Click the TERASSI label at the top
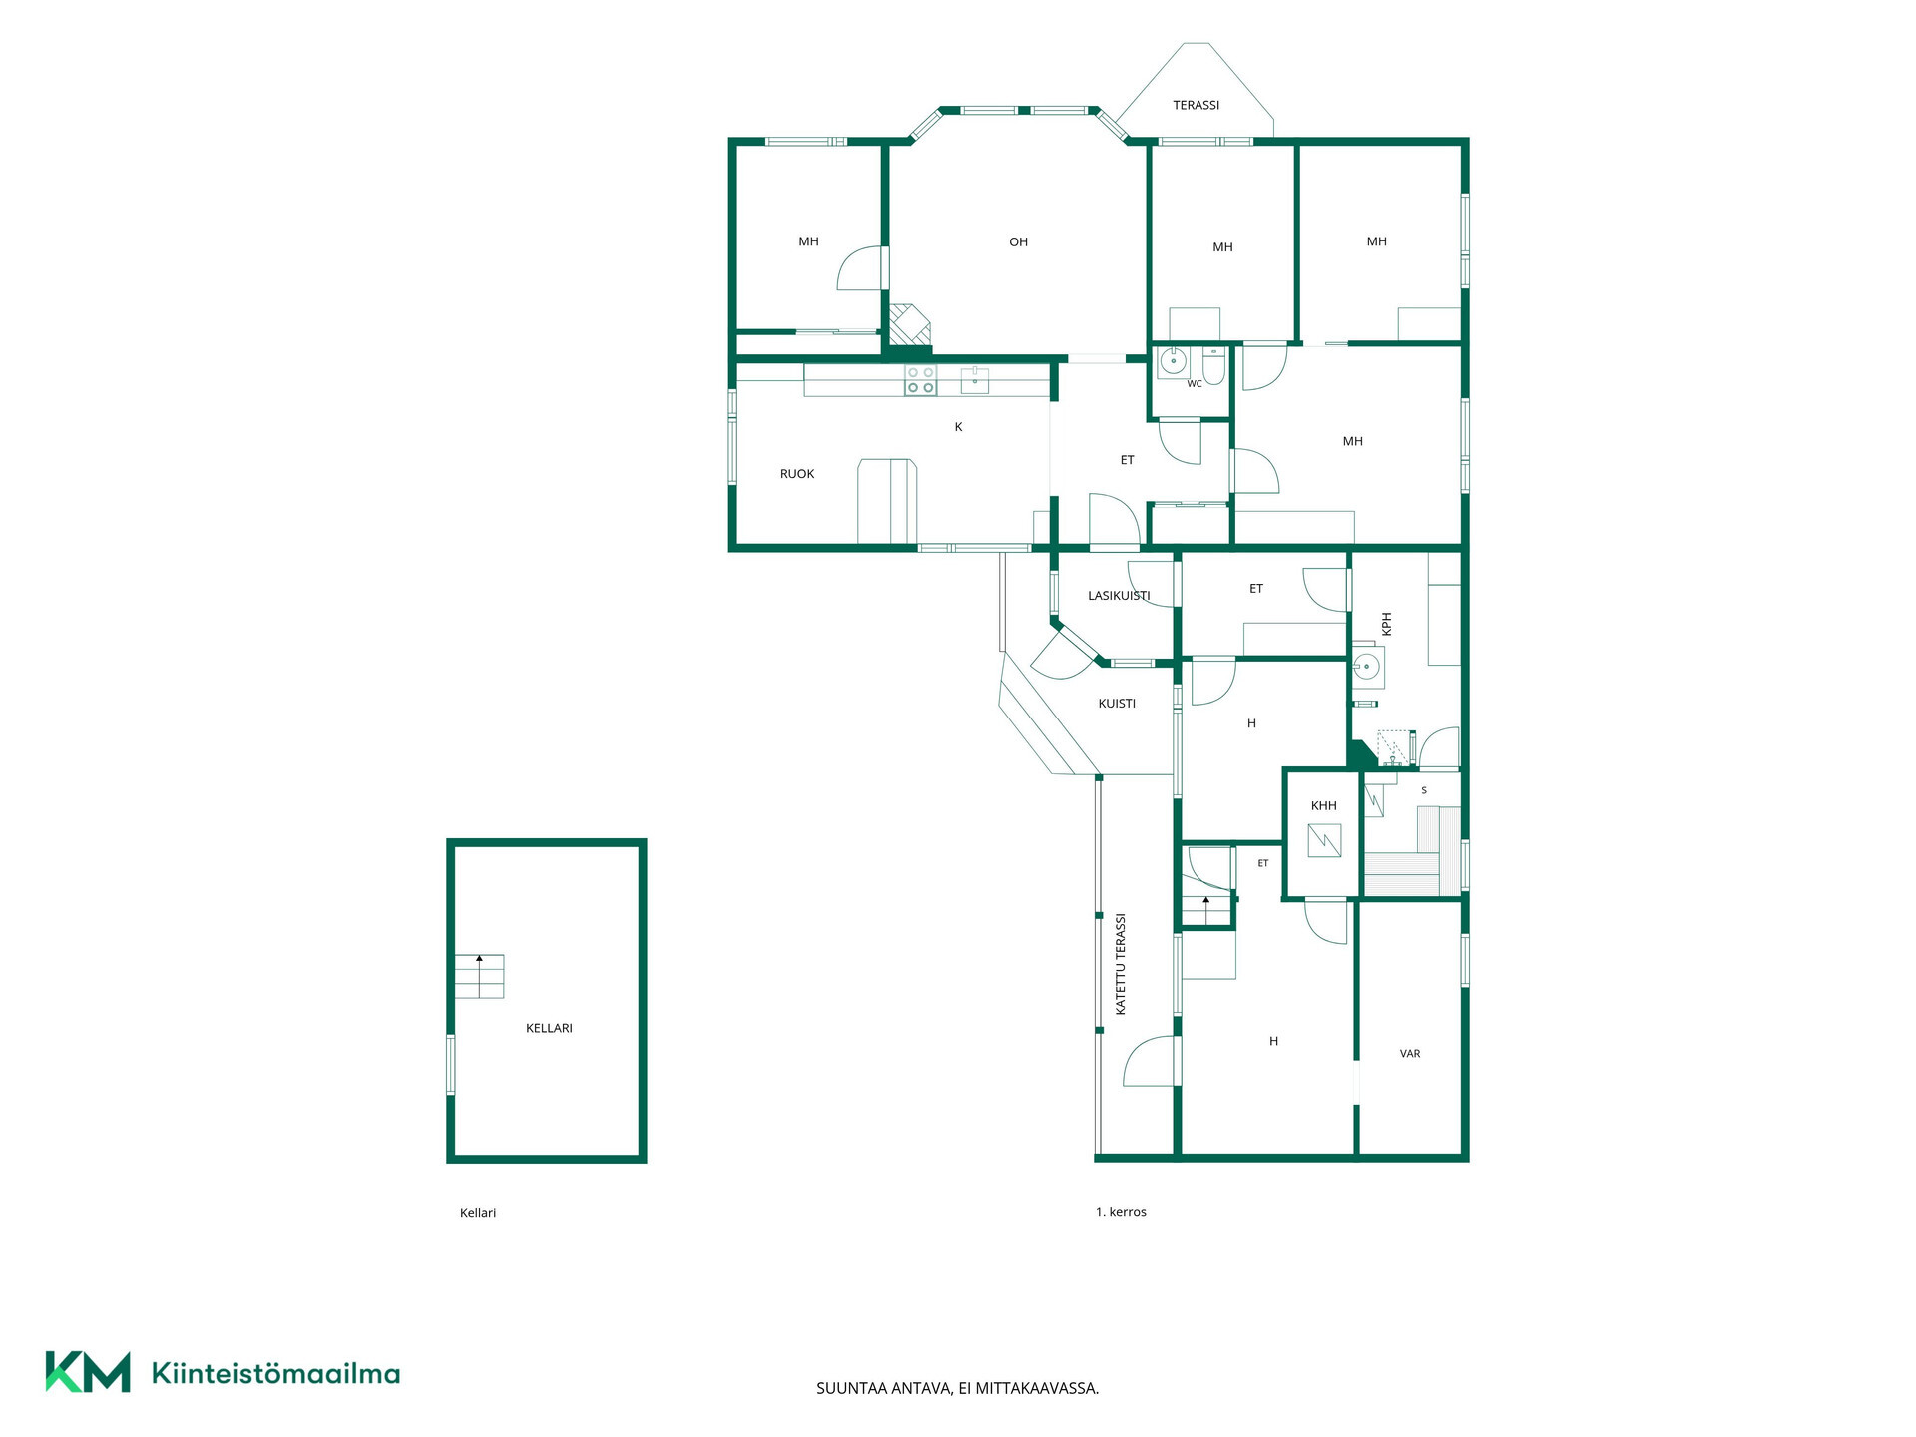point(1196,105)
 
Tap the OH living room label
point(1018,241)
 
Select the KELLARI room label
point(549,1028)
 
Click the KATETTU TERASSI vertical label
point(1121,964)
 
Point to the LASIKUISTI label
point(1119,596)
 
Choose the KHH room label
point(1323,806)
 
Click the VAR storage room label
point(1410,1054)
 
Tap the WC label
point(1195,384)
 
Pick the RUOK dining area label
point(797,474)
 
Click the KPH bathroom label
point(1386,624)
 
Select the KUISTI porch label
point(1117,704)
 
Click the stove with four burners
point(920,380)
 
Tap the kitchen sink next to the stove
point(975,380)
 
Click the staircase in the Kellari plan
point(480,976)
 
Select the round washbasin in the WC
point(1173,361)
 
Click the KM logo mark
point(88,1372)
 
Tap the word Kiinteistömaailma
point(275,1374)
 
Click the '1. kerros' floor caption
point(1121,1212)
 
